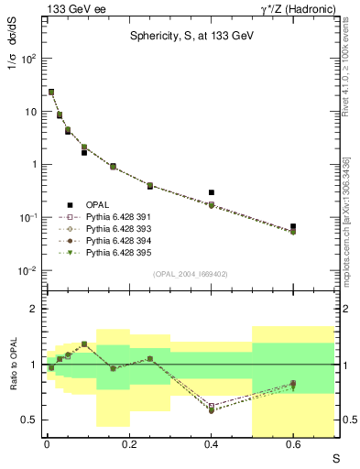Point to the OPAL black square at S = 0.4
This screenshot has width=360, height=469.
pyautogui.click(x=212, y=192)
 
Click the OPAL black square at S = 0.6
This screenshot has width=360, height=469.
pyautogui.click(x=293, y=226)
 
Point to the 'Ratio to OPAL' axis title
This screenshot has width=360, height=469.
pyautogui.click(x=14, y=365)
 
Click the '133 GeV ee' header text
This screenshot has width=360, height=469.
pyautogui.click(x=71, y=8)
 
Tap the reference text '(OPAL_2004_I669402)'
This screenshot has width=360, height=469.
pyautogui.click(x=191, y=274)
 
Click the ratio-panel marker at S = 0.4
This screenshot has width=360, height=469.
pyautogui.click(x=212, y=408)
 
